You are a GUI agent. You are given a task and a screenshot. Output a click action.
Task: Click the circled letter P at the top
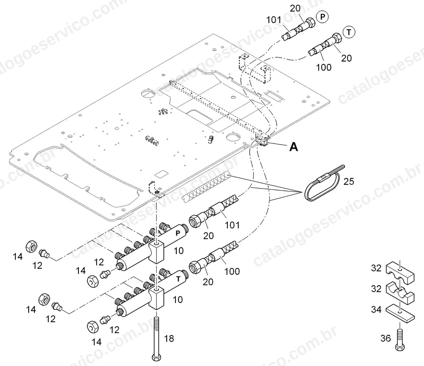tap(323, 17)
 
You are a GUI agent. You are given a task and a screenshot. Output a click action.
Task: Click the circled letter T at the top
tap(349, 32)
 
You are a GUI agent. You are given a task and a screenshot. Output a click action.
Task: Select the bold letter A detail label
tap(294, 147)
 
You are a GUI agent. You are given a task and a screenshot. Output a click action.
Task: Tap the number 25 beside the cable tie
tap(349, 181)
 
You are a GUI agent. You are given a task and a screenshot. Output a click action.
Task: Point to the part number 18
tap(169, 338)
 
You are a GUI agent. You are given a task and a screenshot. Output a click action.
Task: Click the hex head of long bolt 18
tap(157, 357)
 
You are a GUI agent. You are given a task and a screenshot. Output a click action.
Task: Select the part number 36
tap(385, 338)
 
